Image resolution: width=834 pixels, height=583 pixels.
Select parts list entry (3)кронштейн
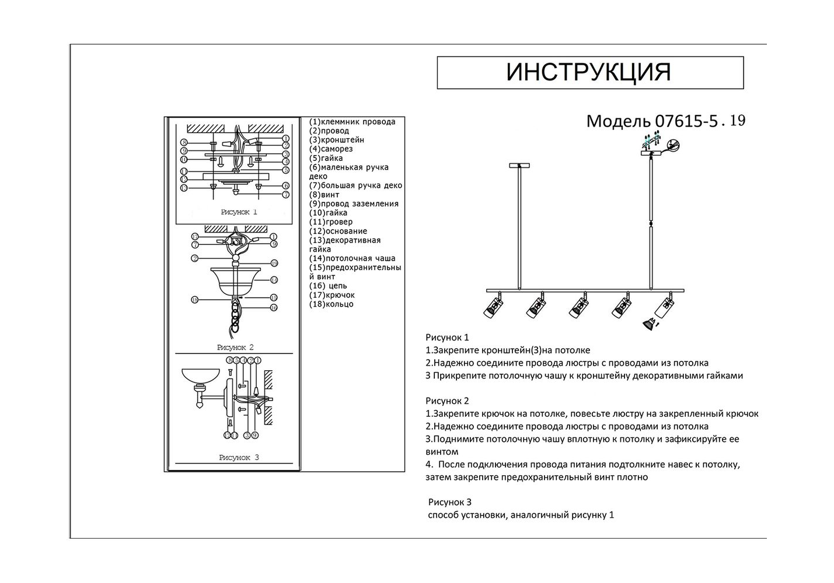tap(336, 140)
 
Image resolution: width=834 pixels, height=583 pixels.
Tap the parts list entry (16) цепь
tap(328, 286)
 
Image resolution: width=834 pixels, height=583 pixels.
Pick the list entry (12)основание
tap(338, 231)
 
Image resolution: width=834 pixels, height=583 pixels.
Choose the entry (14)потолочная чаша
tap(352, 258)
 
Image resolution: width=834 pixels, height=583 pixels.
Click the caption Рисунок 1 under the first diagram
tap(239, 212)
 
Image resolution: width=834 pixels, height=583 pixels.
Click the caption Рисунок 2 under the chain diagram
tap(235, 347)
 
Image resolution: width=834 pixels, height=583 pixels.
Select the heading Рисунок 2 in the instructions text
tap(448, 401)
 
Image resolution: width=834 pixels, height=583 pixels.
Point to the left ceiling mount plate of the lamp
tap(519, 166)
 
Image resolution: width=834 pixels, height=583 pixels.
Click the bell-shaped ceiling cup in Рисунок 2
tap(235, 281)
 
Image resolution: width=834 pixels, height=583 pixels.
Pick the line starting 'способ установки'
tap(521, 515)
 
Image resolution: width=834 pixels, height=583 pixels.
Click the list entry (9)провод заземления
tap(354, 203)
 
